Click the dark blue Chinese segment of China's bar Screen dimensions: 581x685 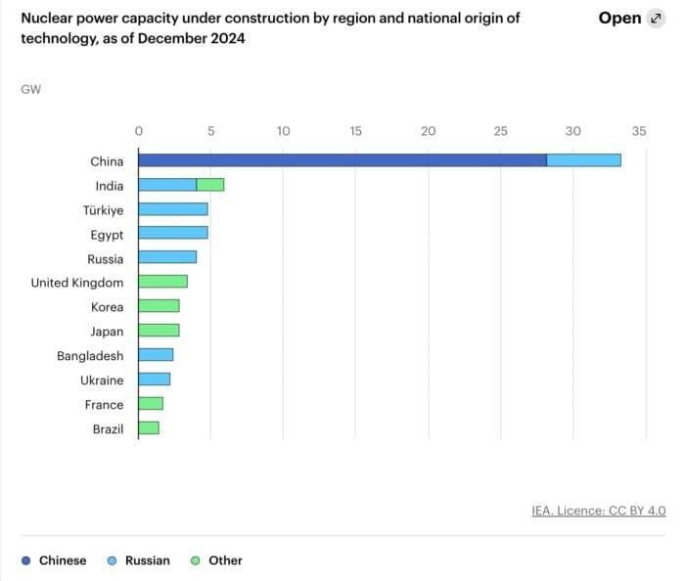(x=342, y=160)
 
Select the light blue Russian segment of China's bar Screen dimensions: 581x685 (x=583, y=160)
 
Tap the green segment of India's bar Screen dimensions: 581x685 (x=209, y=185)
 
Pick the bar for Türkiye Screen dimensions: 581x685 (x=172, y=209)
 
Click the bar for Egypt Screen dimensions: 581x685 (x=172, y=234)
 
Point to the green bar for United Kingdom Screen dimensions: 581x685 (x=162, y=282)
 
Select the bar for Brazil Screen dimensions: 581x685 (x=149, y=428)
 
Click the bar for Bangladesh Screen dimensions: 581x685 (x=156, y=355)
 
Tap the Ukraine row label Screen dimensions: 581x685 (x=102, y=380)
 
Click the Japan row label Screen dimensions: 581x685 (x=107, y=331)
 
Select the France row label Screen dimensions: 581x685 (x=104, y=404)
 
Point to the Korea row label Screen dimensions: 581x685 (x=107, y=306)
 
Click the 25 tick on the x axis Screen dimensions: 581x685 (x=500, y=131)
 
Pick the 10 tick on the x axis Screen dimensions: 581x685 (x=283, y=131)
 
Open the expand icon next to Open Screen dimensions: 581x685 (x=655, y=19)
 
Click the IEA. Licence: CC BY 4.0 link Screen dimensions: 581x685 (x=598, y=511)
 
